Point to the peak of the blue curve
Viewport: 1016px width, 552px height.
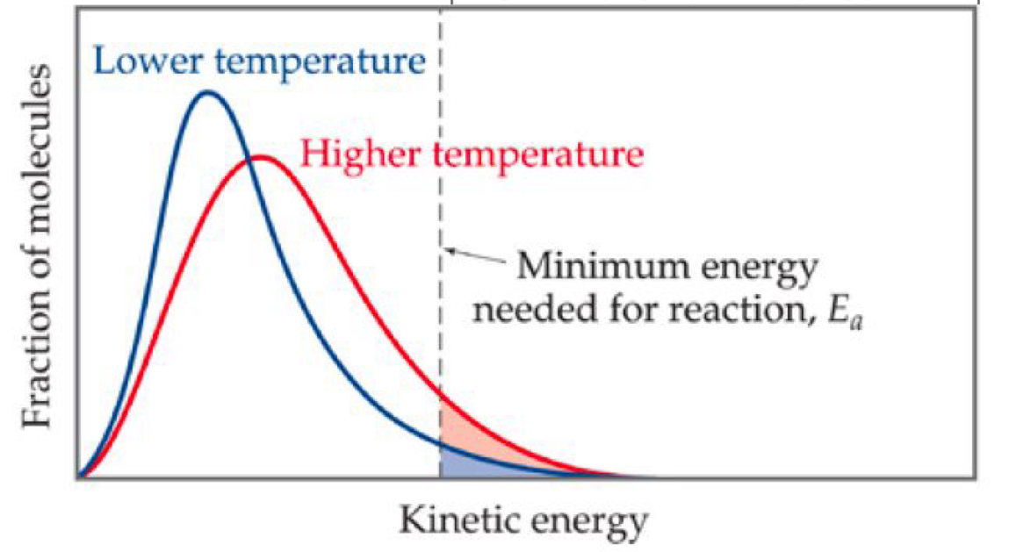tap(207, 91)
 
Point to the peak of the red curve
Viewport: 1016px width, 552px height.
tap(260, 157)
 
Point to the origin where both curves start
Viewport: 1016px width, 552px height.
tap(81, 477)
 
